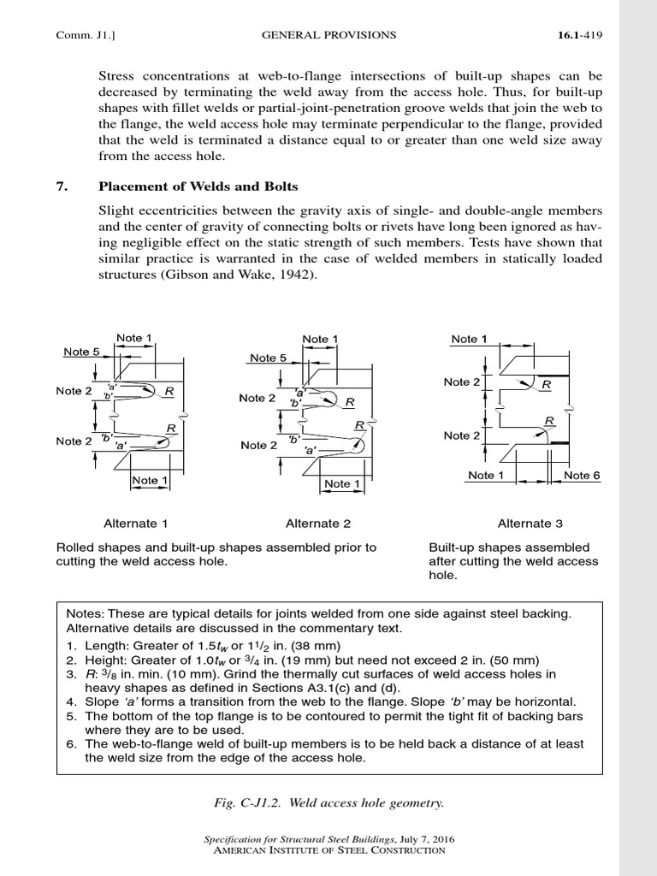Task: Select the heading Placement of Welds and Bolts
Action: (x=198, y=186)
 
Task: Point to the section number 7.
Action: (x=61, y=186)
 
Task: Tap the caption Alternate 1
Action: (x=135, y=524)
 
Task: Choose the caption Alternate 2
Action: (x=318, y=524)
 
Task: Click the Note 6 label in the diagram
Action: (x=582, y=476)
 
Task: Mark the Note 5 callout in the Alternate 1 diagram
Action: (x=82, y=352)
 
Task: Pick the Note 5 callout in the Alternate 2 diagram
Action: (x=268, y=358)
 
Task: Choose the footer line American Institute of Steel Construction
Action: (x=328, y=851)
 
